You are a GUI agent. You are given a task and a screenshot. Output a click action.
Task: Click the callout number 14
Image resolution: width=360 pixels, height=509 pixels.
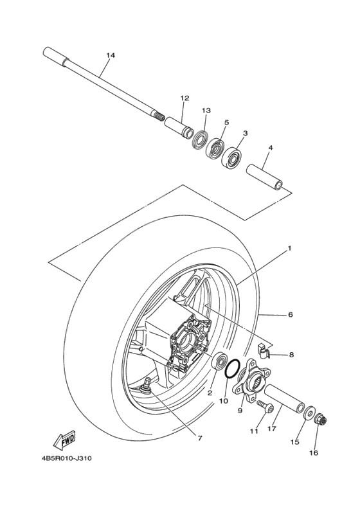coord(110,56)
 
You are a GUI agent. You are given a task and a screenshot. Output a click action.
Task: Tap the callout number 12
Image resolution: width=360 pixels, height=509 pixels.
coord(184,98)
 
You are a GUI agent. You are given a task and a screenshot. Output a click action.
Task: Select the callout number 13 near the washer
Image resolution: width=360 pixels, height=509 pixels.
coord(206,111)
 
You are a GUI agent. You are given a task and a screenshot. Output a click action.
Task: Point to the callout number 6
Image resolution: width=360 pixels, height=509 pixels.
coord(290,315)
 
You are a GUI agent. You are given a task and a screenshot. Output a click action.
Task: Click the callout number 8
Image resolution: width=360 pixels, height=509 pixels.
coord(291,354)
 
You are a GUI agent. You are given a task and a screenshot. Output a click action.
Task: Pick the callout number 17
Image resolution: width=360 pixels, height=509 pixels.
coord(271,425)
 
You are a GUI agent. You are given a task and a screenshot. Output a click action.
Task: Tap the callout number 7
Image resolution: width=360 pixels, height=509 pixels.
coord(200,438)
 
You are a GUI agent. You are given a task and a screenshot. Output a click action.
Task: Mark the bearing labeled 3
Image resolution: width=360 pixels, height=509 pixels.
coord(231,159)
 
